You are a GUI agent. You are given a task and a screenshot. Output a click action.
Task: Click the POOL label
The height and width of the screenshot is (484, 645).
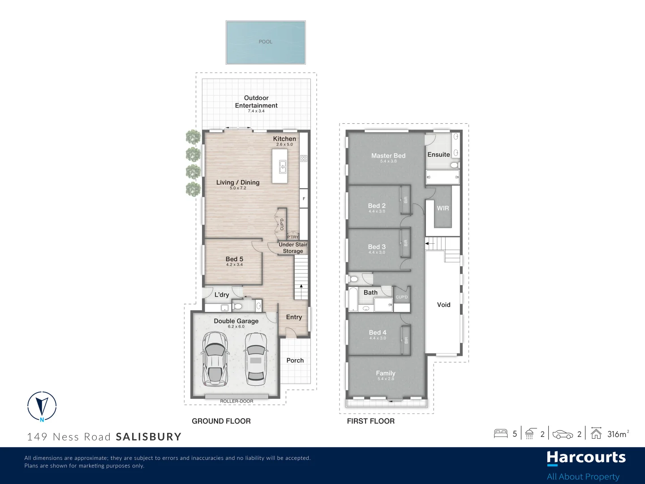pyautogui.click(x=265, y=42)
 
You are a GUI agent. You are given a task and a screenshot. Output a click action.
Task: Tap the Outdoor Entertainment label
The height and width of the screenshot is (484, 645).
pyautogui.click(x=256, y=102)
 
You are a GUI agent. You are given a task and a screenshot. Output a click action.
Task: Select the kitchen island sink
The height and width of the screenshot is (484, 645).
pyautogui.click(x=283, y=167)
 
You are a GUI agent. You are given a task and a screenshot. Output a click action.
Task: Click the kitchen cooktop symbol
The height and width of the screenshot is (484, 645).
pyautogui.click(x=304, y=158)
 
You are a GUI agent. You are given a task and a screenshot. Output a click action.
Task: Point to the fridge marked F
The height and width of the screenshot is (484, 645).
pyautogui.click(x=304, y=199)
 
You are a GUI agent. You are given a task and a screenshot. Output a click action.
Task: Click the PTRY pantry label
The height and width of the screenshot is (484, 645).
pyautogui.click(x=292, y=237)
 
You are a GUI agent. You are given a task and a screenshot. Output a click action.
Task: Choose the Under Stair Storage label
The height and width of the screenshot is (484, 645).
pyautogui.click(x=293, y=248)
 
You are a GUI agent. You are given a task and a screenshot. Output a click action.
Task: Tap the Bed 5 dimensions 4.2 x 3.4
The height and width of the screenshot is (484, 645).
pyautogui.click(x=234, y=265)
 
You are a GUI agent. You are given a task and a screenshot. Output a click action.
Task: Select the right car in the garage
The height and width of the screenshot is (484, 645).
pyautogui.click(x=255, y=357)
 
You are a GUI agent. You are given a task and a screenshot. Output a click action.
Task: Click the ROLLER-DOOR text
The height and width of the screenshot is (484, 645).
pyautogui.click(x=236, y=401)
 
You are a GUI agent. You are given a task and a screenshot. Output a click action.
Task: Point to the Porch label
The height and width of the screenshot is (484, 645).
pyautogui.click(x=295, y=360)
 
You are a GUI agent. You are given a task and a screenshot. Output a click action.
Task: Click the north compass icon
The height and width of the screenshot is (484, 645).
pyautogui.click(x=42, y=406)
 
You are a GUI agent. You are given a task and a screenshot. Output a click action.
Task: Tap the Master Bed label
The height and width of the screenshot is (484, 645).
pyautogui.click(x=388, y=156)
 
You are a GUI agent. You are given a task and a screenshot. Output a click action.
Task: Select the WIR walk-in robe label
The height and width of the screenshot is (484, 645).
pyautogui.click(x=443, y=208)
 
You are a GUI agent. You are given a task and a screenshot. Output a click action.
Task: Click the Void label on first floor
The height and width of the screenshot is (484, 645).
pyautogui.click(x=443, y=305)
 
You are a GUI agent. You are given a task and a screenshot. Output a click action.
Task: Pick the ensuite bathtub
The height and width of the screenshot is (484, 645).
pyautogui.click(x=442, y=177)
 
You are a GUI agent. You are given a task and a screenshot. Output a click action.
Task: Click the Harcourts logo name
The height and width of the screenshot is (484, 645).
pyautogui.click(x=586, y=458)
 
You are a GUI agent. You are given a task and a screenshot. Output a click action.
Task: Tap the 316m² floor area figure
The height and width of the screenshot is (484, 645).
pyautogui.click(x=618, y=434)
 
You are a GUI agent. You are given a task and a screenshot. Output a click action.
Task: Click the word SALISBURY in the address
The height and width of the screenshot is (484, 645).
pyautogui.click(x=148, y=437)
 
